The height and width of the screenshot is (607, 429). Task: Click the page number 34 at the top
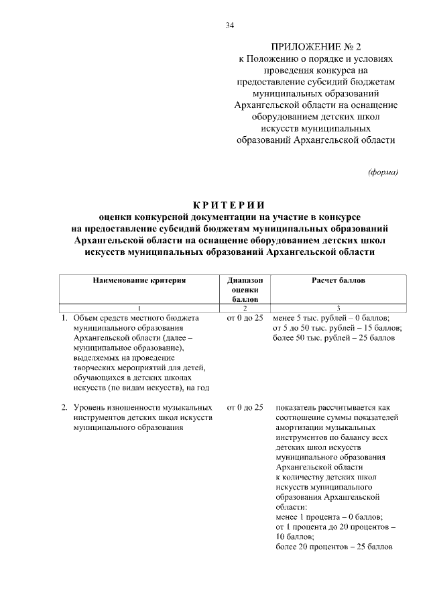230,25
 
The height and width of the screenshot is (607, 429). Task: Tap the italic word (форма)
383,172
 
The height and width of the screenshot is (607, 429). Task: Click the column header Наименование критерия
139,280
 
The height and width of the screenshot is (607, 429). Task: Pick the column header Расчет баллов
338,280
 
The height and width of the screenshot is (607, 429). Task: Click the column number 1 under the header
139,307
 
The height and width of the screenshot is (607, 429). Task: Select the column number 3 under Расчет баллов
338,307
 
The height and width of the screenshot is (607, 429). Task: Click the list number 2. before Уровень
65,407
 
